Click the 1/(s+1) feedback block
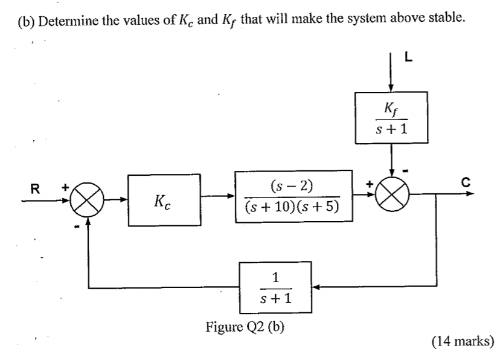click(275, 288)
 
